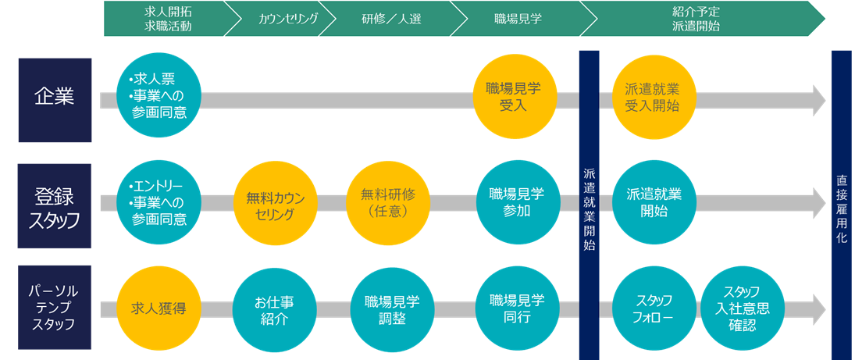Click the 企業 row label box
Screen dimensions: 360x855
(x=55, y=100)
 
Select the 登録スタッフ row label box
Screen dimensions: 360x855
(x=55, y=206)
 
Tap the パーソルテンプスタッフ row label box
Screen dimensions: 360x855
(x=55, y=308)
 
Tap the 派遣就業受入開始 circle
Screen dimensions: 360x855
(x=651, y=98)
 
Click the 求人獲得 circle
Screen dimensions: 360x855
(x=156, y=308)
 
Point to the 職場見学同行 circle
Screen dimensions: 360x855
(x=516, y=308)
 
